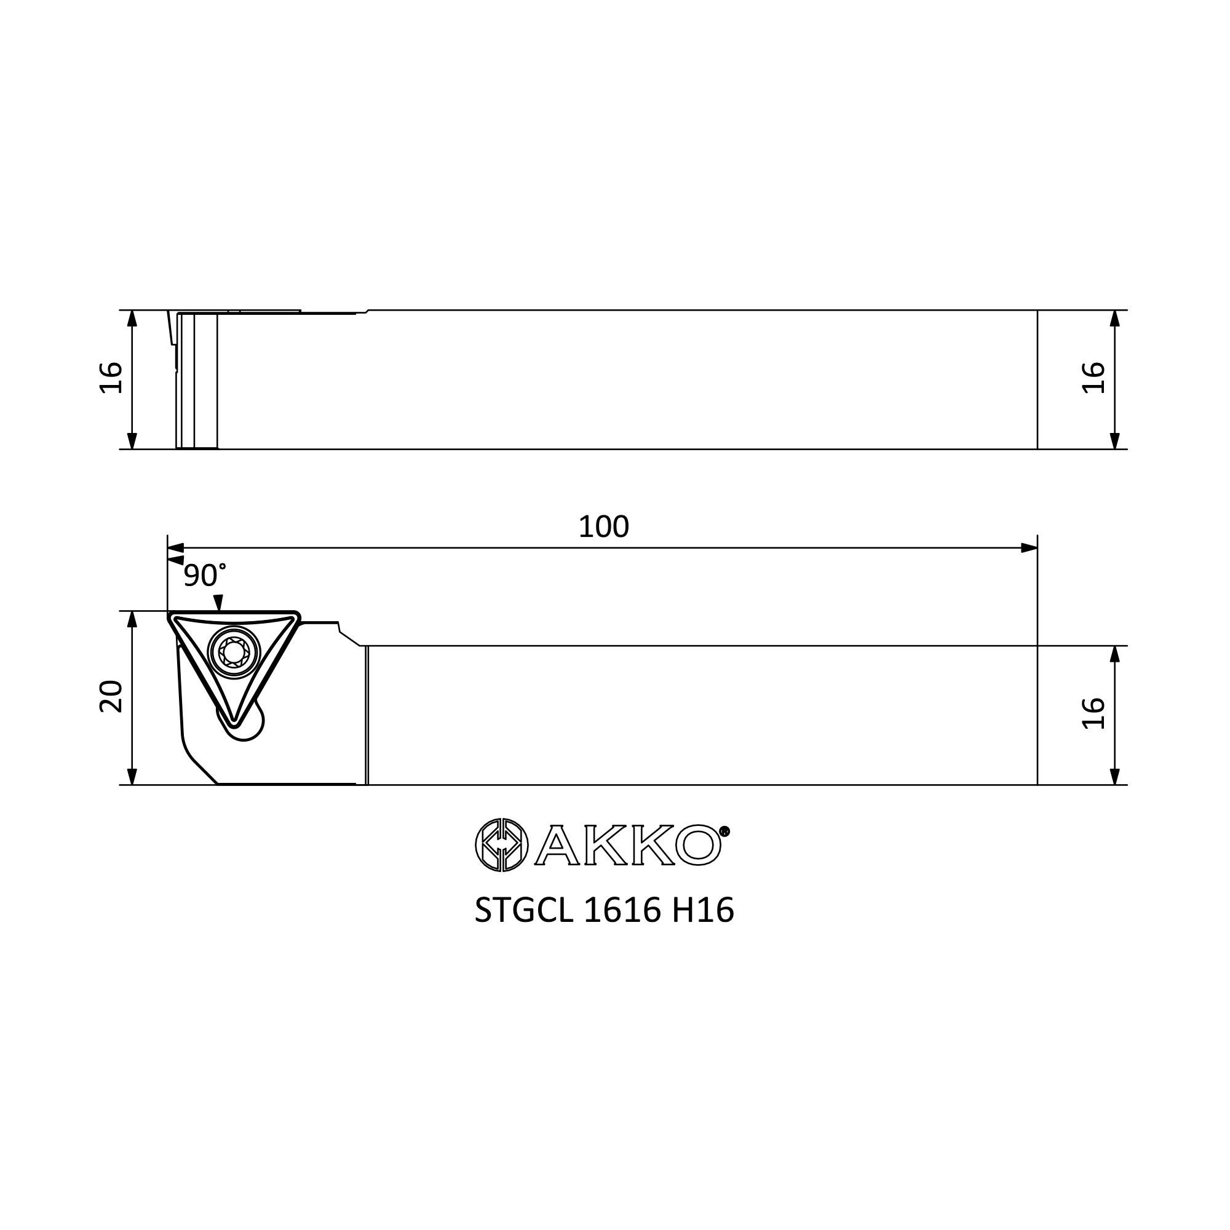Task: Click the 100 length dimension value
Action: pyautogui.click(x=603, y=527)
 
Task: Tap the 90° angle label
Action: pyautogui.click(x=204, y=576)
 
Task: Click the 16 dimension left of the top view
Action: pyautogui.click(x=111, y=378)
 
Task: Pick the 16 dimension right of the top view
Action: pyautogui.click(x=1093, y=378)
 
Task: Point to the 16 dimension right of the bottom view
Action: pyautogui.click(x=1093, y=713)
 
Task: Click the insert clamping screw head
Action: pyautogui.click(x=234, y=652)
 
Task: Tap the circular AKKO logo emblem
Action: pyautogui.click(x=502, y=845)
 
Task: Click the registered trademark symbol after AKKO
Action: pyautogui.click(x=724, y=831)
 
